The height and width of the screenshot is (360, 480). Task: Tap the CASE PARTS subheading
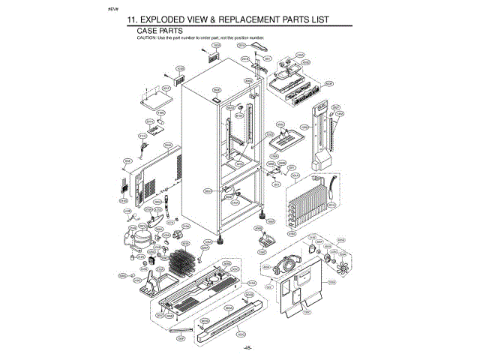[x=160, y=31]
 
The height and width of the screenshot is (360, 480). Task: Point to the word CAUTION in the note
[x=146, y=37]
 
